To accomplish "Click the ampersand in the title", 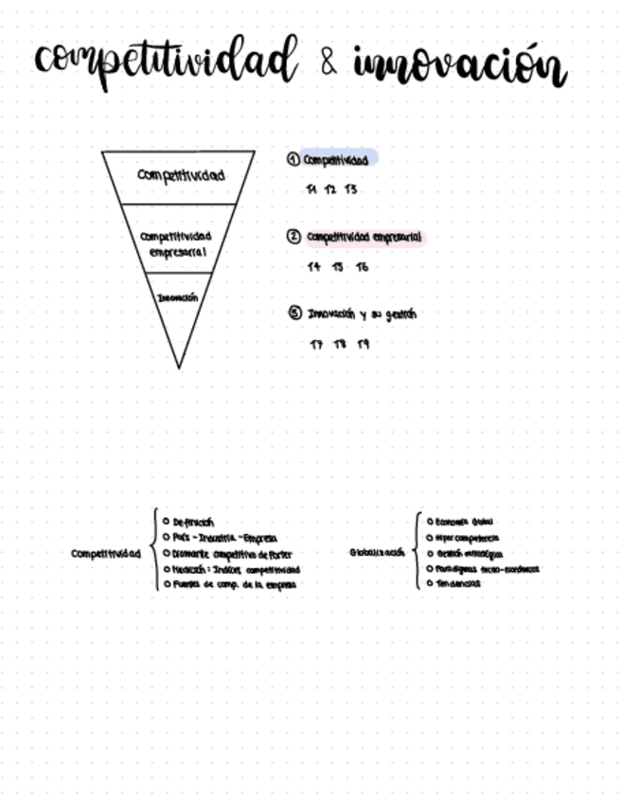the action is [x=328, y=63].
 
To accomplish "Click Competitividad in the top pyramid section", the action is [x=181, y=175].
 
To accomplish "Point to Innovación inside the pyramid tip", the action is [x=178, y=297].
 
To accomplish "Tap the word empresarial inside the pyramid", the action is [x=177, y=253].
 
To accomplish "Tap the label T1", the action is [x=311, y=189].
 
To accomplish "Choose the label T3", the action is [x=351, y=189].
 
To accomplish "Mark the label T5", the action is [x=338, y=267].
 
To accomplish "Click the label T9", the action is [x=364, y=344].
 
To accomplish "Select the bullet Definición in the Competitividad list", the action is [x=193, y=522].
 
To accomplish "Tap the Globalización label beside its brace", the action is [x=377, y=552].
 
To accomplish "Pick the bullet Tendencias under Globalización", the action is [x=457, y=583].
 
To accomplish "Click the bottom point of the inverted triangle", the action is [x=179, y=367].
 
